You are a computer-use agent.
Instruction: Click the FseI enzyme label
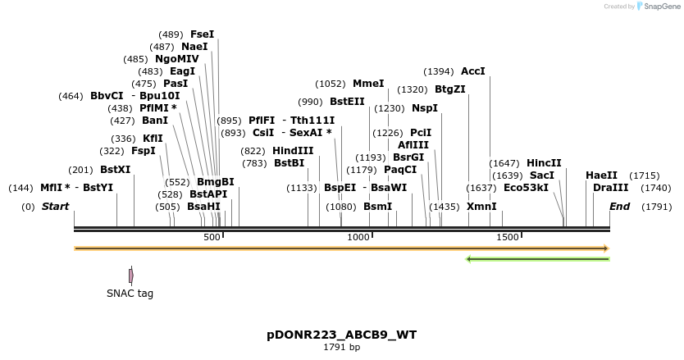pos(202,34)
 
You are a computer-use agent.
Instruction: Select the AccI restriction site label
pos(473,71)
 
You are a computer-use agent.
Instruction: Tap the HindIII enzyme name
pos(293,151)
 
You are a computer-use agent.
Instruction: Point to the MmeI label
pos(368,84)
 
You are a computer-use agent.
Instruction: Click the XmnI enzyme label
pos(481,207)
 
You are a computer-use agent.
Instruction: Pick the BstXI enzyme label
pos(115,170)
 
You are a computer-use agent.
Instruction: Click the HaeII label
pos(601,175)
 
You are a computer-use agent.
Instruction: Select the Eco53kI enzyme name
pos(526,188)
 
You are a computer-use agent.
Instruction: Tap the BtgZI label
pos(449,89)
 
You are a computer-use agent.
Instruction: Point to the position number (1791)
pos(657,207)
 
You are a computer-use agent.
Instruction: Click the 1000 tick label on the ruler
pos(359,237)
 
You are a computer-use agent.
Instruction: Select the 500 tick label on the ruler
pos(212,237)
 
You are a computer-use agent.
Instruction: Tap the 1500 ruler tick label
pos(508,237)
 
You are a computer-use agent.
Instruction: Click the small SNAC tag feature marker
pos(130,276)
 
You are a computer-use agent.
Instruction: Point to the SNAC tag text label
pos(130,294)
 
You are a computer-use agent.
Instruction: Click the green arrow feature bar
pos(537,259)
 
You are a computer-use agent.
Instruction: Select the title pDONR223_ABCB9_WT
pos(341,335)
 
